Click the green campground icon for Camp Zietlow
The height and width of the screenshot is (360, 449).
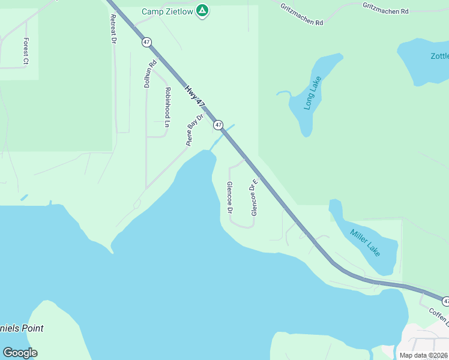[x=203, y=11]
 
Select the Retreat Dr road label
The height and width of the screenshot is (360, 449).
[x=112, y=28]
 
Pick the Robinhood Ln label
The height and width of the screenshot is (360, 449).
[x=167, y=107]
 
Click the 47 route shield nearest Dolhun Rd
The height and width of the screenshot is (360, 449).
[x=147, y=42]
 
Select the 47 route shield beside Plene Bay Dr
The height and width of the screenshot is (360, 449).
[x=218, y=125]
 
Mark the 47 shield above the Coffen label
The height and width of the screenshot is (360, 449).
[x=445, y=300]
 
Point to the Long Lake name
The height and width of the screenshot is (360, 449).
[x=313, y=93]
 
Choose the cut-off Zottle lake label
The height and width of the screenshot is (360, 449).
[x=439, y=56]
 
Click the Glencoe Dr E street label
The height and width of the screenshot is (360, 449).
[x=254, y=197]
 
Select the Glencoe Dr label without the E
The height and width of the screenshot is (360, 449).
[x=229, y=197]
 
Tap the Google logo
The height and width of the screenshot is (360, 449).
[x=20, y=352]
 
